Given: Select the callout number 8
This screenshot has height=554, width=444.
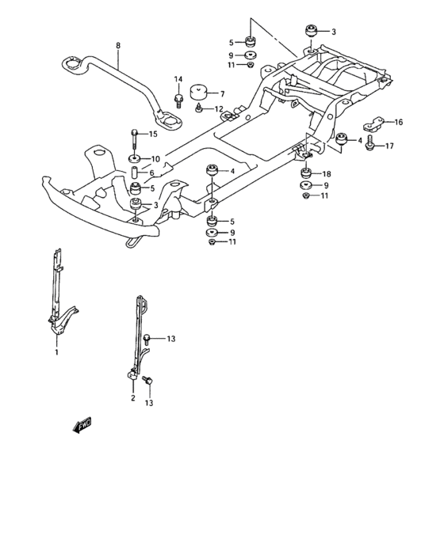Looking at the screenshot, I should (117, 46).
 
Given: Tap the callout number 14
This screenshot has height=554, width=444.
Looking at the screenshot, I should (178, 79).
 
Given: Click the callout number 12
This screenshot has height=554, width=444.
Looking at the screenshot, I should (218, 108).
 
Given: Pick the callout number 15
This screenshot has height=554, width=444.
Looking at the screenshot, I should (153, 134).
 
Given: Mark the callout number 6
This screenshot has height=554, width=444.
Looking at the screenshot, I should (153, 173).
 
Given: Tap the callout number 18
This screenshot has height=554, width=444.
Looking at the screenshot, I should (327, 173).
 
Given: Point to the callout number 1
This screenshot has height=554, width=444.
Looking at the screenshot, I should (56, 353).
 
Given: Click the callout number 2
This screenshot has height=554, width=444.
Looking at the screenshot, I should (133, 398).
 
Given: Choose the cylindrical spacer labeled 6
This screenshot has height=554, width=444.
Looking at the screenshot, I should (135, 173).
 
